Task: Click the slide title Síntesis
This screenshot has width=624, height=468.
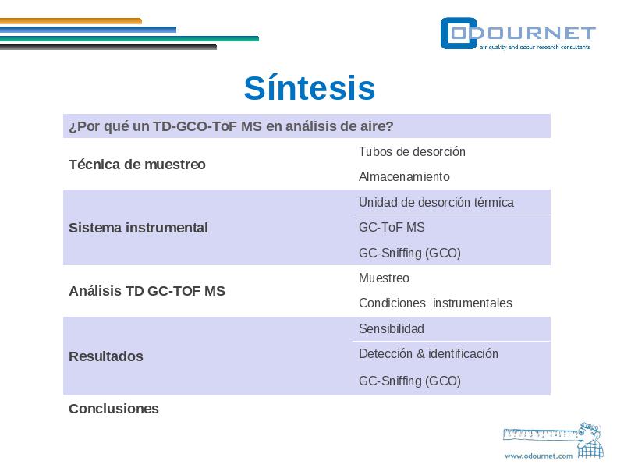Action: point(310,87)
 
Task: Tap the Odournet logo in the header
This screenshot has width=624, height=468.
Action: point(518,34)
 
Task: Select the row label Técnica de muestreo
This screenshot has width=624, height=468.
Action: point(137,165)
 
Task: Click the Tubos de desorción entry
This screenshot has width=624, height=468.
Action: point(412,151)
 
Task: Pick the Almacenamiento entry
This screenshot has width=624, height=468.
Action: point(404,176)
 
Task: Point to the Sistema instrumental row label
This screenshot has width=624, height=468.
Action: point(138,228)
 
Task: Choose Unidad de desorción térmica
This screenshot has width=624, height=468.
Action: point(436,202)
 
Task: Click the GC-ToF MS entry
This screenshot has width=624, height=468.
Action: point(392,227)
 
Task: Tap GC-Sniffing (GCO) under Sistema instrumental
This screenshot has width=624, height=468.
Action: point(409,253)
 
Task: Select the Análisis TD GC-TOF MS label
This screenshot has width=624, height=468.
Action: point(147,291)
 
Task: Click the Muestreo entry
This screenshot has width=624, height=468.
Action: point(384,278)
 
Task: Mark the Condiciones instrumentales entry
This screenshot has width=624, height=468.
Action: point(435,303)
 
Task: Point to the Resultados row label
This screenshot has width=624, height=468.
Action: point(106,356)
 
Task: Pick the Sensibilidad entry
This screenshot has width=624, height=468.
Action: point(392,328)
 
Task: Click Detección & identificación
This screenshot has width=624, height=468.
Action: point(428,354)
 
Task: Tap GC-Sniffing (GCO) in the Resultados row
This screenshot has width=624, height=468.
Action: point(409,381)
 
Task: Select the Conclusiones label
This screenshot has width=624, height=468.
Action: point(113,409)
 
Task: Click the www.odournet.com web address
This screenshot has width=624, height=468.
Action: point(538,456)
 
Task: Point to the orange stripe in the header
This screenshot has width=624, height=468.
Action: point(71,21)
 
